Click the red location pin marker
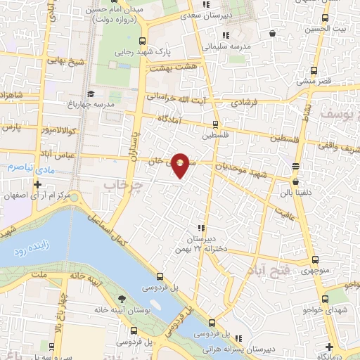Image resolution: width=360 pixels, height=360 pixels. click(181, 165)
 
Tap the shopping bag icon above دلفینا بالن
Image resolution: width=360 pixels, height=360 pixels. click(295, 167)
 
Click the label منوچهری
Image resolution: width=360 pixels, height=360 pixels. click(313, 270)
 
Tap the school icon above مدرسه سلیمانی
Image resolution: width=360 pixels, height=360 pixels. click(224, 35)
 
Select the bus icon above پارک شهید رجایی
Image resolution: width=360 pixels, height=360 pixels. click(143, 41)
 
